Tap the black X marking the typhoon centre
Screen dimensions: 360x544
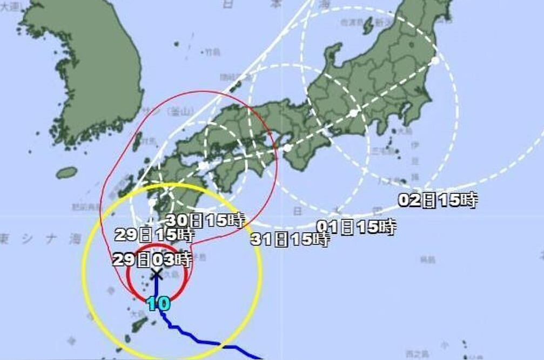click(157, 274)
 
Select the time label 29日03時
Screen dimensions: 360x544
click(152, 260)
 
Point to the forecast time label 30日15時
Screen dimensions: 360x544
click(205, 220)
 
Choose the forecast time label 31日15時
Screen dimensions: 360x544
click(290, 239)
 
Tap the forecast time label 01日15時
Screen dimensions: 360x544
click(357, 227)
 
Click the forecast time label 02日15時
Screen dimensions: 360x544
click(438, 200)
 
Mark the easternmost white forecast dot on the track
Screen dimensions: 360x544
click(435, 60)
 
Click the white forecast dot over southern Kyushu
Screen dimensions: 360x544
click(153, 203)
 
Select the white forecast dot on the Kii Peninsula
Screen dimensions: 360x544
click(288, 147)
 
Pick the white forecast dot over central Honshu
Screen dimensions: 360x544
click(353, 113)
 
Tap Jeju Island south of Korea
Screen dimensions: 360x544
click(66, 173)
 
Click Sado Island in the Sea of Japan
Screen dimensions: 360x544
click(368, 24)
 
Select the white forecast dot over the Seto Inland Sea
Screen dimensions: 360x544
click(203, 166)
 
